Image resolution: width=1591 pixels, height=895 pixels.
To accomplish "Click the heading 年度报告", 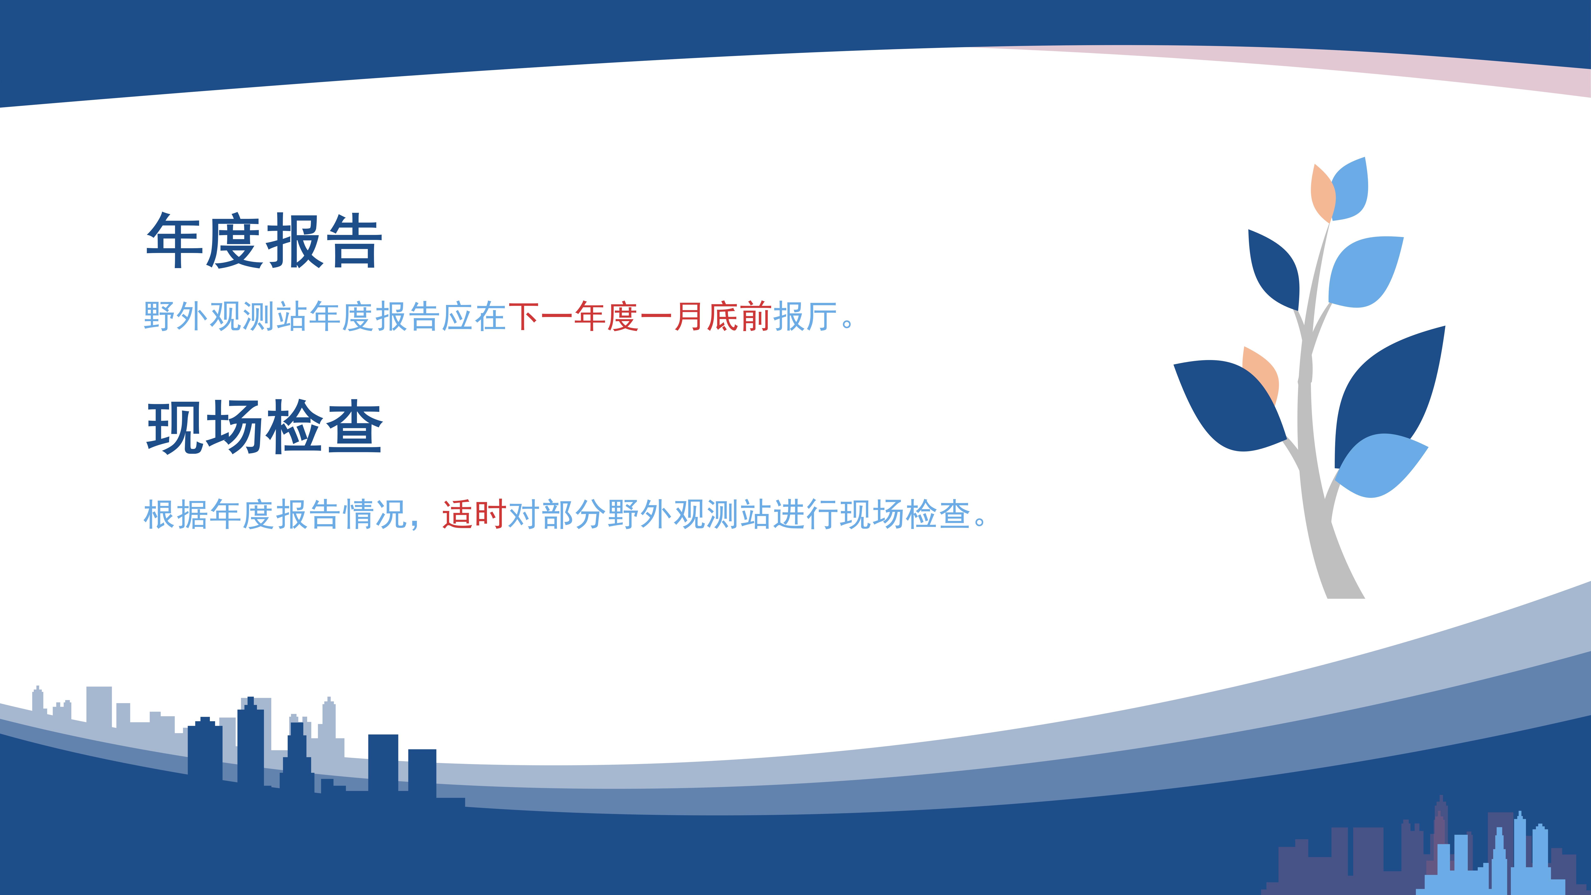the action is (264, 241).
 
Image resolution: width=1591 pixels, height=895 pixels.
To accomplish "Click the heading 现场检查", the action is (264, 427).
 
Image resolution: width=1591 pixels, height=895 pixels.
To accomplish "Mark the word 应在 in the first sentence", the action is (474, 316).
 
